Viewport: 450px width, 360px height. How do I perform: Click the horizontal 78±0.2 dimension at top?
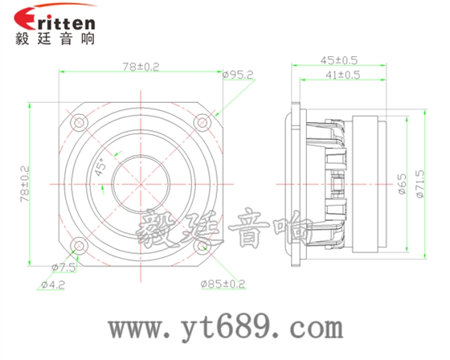point(139,67)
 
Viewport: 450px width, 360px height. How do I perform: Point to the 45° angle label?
point(100,169)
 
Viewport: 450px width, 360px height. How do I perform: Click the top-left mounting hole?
point(78,123)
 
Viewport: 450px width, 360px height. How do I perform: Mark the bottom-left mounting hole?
point(78,246)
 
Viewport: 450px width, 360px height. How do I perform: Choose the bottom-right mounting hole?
point(202,246)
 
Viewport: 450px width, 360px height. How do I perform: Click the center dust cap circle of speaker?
point(140,184)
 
